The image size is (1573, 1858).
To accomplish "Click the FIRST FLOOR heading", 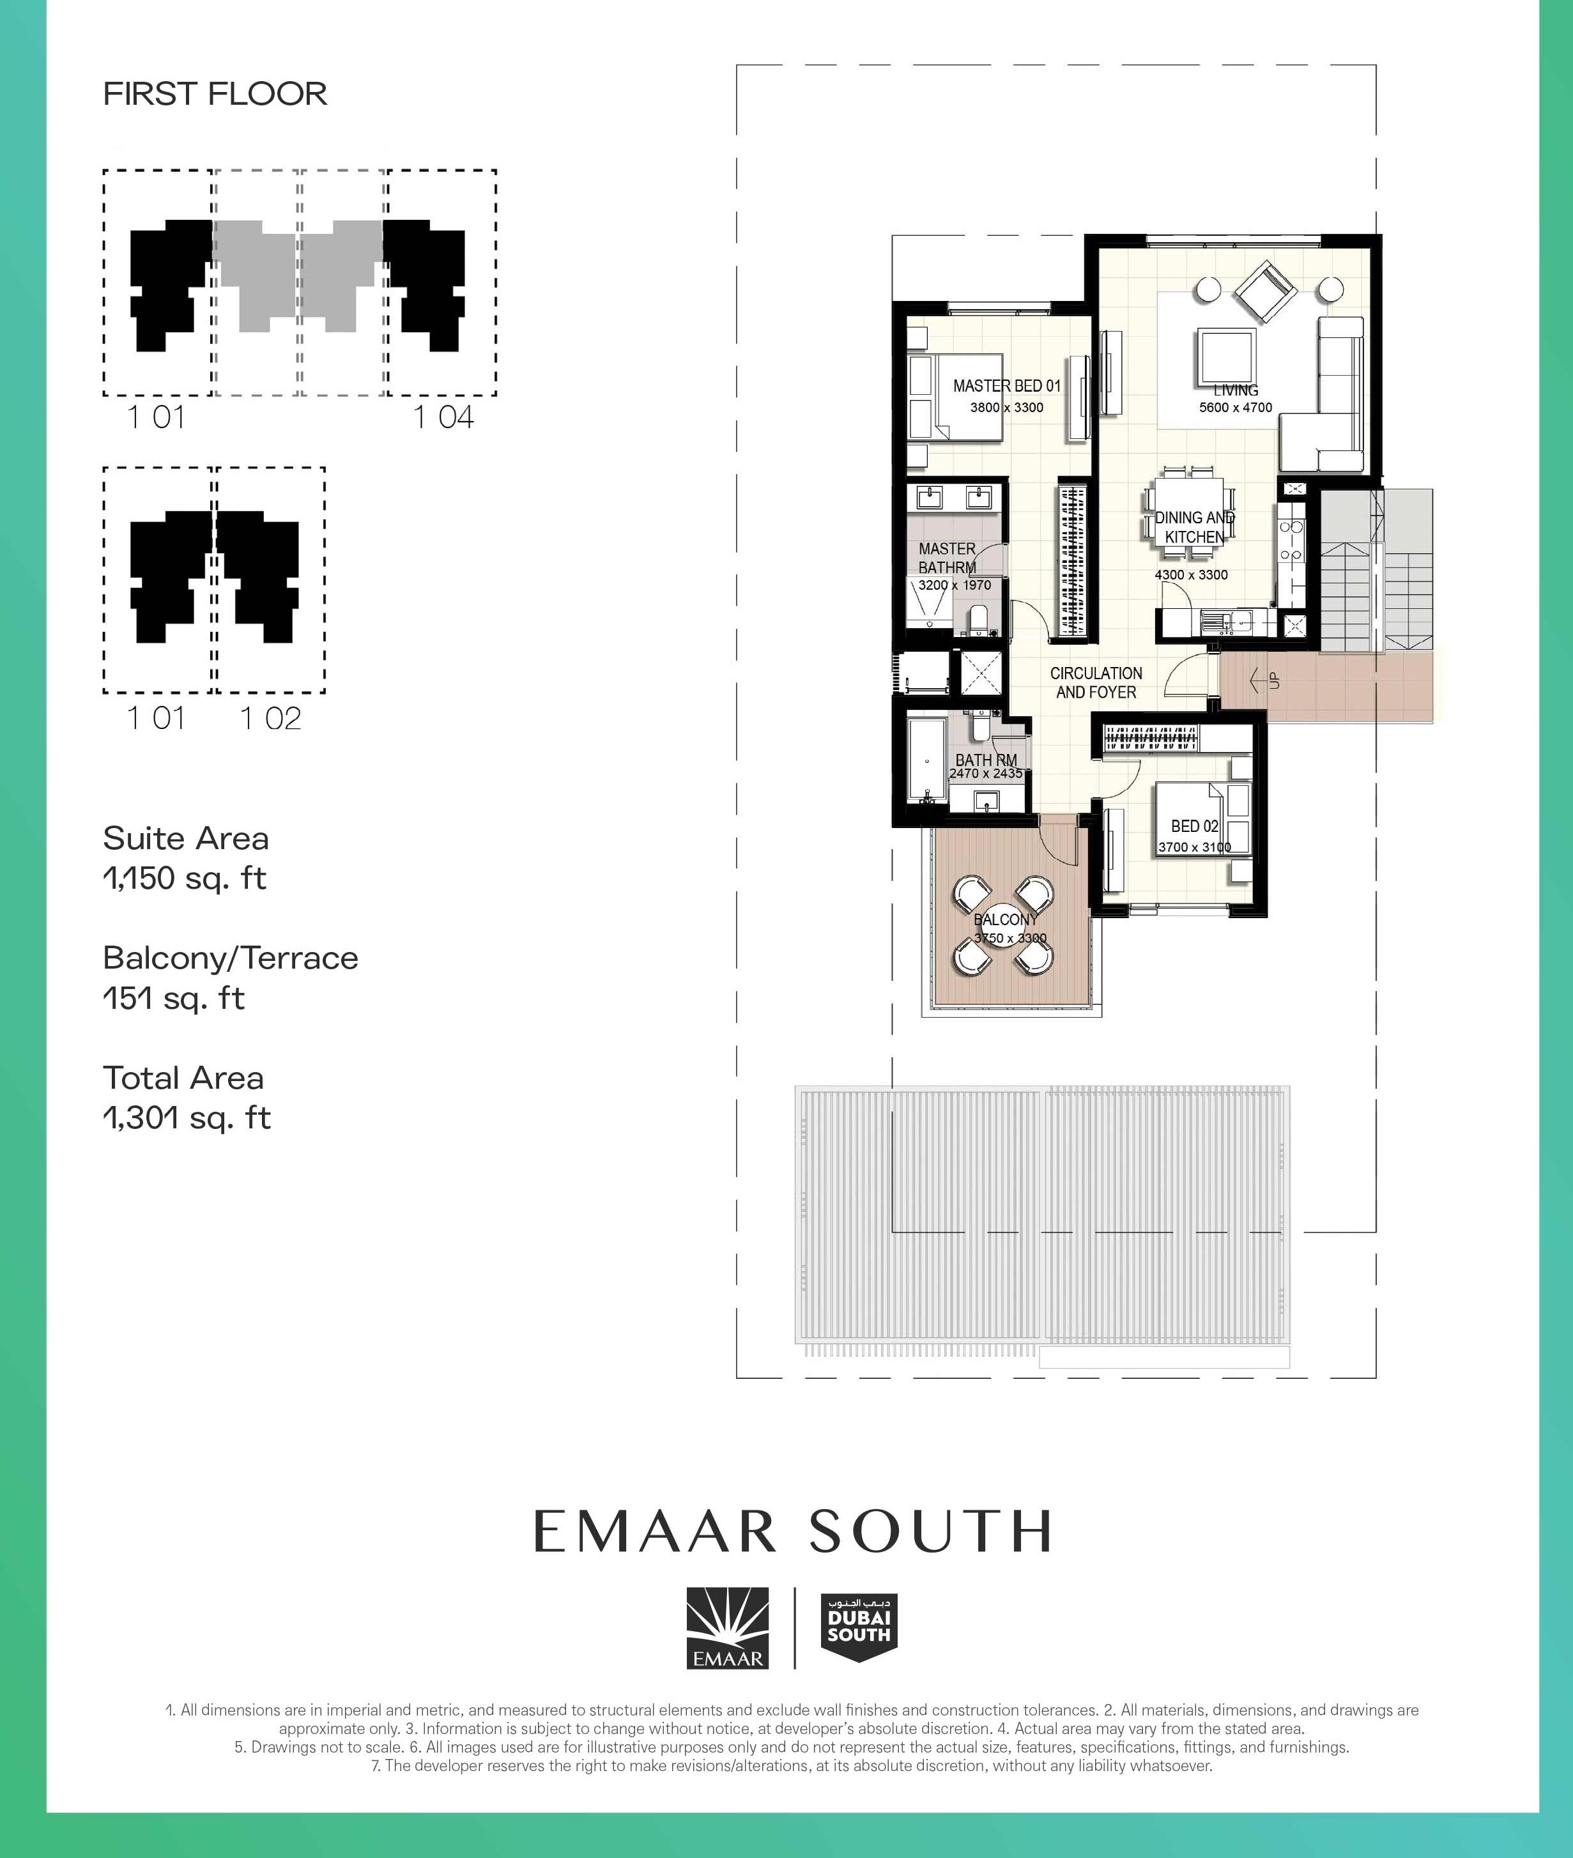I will tap(215, 94).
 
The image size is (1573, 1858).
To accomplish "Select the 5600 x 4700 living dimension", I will tap(1235, 408).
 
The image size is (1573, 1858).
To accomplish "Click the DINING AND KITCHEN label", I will tap(1194, 527).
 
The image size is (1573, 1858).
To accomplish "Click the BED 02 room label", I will tap(1194, 827).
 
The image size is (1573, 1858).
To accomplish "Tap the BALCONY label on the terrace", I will tap(1005, 919).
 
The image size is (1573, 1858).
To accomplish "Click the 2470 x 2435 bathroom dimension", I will tap(985, 774).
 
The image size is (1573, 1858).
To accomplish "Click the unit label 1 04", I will tap(443, 417).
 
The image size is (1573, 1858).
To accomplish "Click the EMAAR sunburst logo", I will tap(726, 1627).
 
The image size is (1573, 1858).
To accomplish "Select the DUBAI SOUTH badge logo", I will tap(858, 1627).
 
